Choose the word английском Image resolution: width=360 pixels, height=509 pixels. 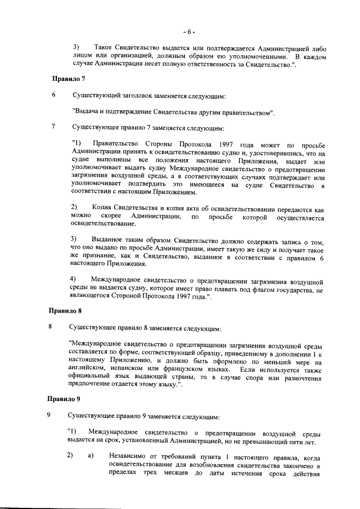[87, 369]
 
